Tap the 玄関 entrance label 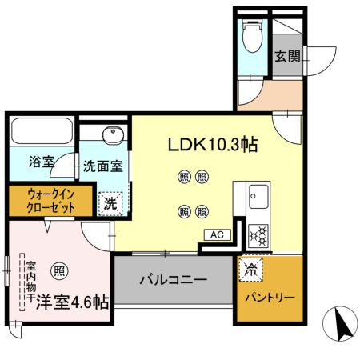pyautogui.click(x=287, y=56)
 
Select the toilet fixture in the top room pyautogui.click(x=253, y=32)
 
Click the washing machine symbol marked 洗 pyautogui.click(x=110, y=203)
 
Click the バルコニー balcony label pyautogui.click(x=174, y=281)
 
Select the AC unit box pyautogui.click(x=216, y=235)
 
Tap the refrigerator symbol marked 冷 pyautogui.click(x=250, y=269)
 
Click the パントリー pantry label pyautogui.click(x=270, y=298)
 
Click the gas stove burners pyautogui.click(x=259, y=234)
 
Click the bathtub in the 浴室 pyautogui.click(x=42, y=133)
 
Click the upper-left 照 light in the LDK pyautogui.click(x=184, y=177)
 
